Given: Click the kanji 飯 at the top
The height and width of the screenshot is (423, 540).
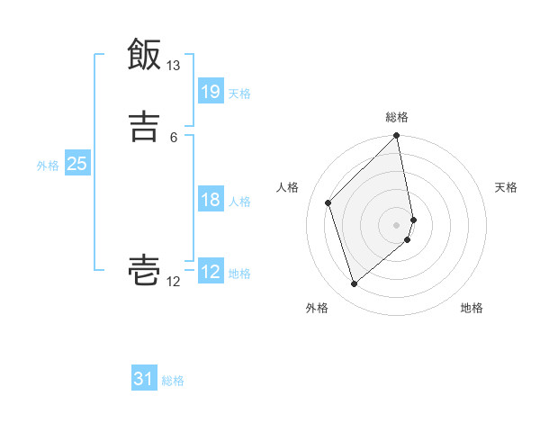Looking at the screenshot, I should [x=144, y=55].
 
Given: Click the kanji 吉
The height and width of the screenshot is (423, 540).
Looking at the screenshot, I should [x=144, y=127].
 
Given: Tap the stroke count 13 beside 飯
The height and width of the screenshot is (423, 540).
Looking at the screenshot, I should [x=174, y=66].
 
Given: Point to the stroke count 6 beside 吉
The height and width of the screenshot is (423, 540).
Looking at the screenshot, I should [x=174, y=137].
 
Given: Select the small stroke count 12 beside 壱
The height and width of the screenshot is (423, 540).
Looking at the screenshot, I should [x=174, y=282].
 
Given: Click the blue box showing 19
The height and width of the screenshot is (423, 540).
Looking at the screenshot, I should [x=211, y=91].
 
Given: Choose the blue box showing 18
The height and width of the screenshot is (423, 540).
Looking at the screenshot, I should [x=211, y=200].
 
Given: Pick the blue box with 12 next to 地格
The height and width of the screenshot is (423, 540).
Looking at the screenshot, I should [x=211, y=272].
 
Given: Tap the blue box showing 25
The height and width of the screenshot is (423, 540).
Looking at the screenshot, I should [x=77, y=164].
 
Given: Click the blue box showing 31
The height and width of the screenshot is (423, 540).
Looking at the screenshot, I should [x=144, y=379].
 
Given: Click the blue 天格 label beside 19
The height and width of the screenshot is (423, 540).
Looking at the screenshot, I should [x=239, y=93].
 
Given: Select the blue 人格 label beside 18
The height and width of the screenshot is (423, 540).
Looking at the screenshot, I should [x=239, y=202].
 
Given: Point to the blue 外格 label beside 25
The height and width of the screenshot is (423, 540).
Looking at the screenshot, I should [x=48, y=166].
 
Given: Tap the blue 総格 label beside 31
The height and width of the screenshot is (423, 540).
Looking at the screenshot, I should [x=173, y=381].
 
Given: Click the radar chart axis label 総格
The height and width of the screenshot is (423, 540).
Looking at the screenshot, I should [x=397, y=117].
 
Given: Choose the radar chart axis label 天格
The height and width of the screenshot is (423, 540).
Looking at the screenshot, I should [x=507, y=187].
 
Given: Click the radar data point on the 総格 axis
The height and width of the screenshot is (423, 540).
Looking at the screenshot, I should [x=397, y=137].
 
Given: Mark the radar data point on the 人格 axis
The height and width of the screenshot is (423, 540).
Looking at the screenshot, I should [x=328, y=202].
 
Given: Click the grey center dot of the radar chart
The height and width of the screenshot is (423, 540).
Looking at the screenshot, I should [x=397, y=224].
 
